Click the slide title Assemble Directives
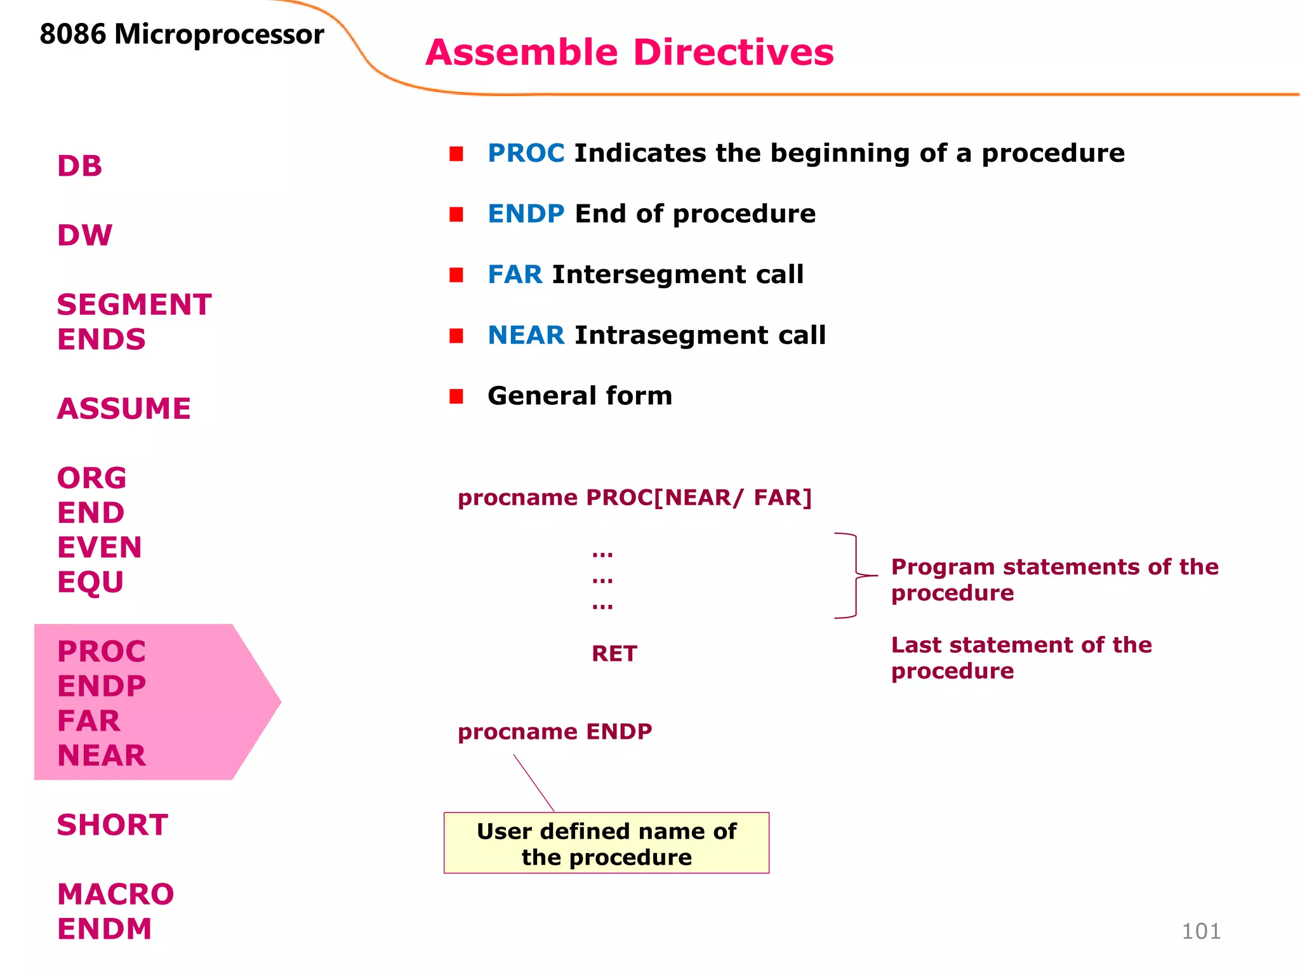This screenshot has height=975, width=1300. (x=629, y=52)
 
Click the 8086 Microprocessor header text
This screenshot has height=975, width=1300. (x=182, y=34)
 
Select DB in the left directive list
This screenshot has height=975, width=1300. (x=79, y=166)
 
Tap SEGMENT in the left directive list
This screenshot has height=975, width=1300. (x=134, y=305)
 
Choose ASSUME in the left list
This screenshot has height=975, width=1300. (x=124, y=409)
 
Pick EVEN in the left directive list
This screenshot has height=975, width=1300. (x=99, y=547)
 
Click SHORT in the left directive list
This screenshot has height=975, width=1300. (x=112, y=825)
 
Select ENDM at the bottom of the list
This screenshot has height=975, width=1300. (x=105, y=929)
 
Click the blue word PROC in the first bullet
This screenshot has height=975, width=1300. (x=526, y=154)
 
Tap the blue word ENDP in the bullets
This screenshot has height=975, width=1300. (x=526, y=214)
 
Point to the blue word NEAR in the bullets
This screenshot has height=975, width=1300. (x=526, y=335)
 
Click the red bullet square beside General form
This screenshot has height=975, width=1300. (x=456, y=397)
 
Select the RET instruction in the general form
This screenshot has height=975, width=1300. (x=614, y=654)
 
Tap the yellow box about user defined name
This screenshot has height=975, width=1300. (x=606, y=843)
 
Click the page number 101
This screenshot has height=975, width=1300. (x=1200, y=931)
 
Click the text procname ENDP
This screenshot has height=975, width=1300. (x=555, y=732)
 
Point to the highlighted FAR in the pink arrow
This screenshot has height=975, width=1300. (x=88, y=721)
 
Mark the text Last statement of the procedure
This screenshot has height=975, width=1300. (x=1020, y=658)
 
